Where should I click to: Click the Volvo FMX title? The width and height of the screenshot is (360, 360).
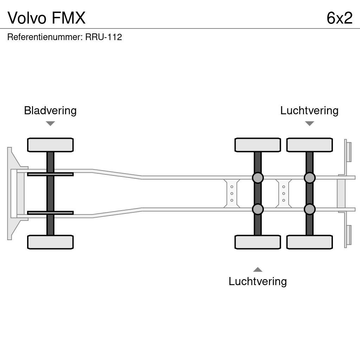(x=46, y=18)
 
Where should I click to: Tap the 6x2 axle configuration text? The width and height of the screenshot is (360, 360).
(x=339, y=18)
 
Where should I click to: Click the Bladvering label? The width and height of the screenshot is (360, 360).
(x=50, y=110)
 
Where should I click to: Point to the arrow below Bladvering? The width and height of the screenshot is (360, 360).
(x=50, y=123)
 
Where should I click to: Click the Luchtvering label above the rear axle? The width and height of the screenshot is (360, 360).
(x=309, y=110)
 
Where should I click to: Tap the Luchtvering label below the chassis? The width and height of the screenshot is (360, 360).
(x=257, y=281)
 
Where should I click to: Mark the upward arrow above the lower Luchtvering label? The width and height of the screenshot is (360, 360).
(x=258, y=270)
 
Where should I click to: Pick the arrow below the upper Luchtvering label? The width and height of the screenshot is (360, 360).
(x=309, y=123)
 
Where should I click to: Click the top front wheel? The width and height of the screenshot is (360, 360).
(x=50, y=145)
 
